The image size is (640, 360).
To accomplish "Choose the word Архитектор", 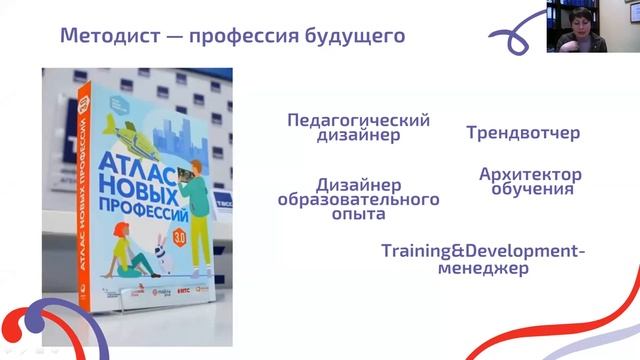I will tap(530, 174).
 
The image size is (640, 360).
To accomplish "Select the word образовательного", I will tap(358, 199).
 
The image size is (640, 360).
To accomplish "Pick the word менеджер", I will tap(484, 267).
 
